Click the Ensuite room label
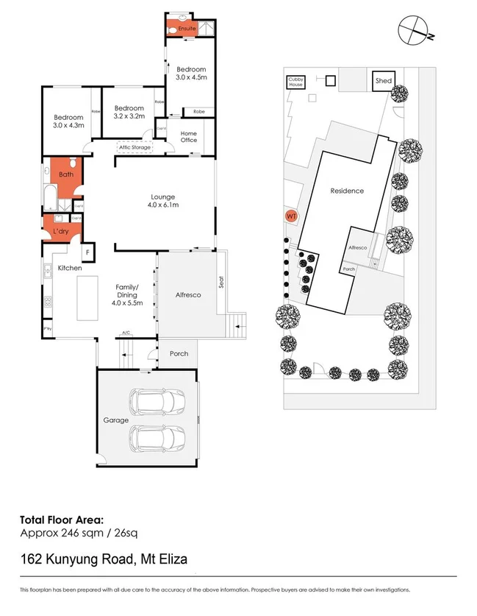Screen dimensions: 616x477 [187, 28]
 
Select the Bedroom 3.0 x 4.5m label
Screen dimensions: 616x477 [190, 73]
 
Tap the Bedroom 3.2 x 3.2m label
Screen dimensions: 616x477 [129, 112]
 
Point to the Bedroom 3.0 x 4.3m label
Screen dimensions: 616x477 [70, 121]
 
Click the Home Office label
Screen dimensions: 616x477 [189, 136]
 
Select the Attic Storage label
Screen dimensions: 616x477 [135, 148]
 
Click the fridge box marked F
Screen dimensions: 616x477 [87, 252]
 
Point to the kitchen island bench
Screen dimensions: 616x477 [87, 297]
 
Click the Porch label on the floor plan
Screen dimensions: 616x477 [179, 353]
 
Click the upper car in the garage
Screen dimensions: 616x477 [159, 403]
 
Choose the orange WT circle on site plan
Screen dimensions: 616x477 [292, 216]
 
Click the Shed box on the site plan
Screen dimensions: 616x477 [384, 81]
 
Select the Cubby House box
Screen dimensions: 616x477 [295, 82]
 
